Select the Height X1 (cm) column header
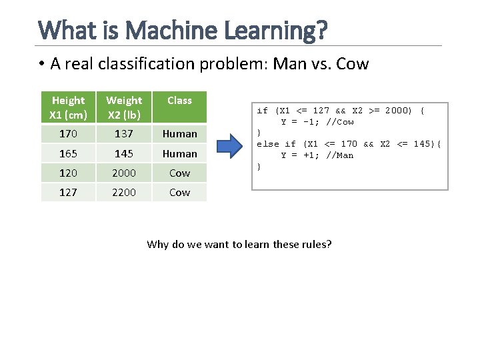pyautogui.click(x=68, y=107)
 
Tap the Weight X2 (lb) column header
pyautogui.click(x=124, y=107)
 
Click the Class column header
pyautogui.click(x=179, y=101)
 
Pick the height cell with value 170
pyautogui.click(x=68, y=133)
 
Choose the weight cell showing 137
pyautogui.click(x=124, y=133)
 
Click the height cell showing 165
pyautogui.click(x=68, y=153)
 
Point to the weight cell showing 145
pyautogui.click(x=124, y=153)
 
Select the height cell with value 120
pyautogui.click(x=68, y=173)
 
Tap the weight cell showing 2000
pyautogui.click(x=124, y=173)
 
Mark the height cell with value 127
pyautogui.click(x=68, y=192)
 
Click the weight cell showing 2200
pyautogui.click(x=124, y=192)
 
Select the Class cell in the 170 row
pyautogui.click(x=179, y=133)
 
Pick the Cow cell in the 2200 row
pyautogui.click(x=179, y=192)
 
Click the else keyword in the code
pyautogui.click(x=268, y=144)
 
